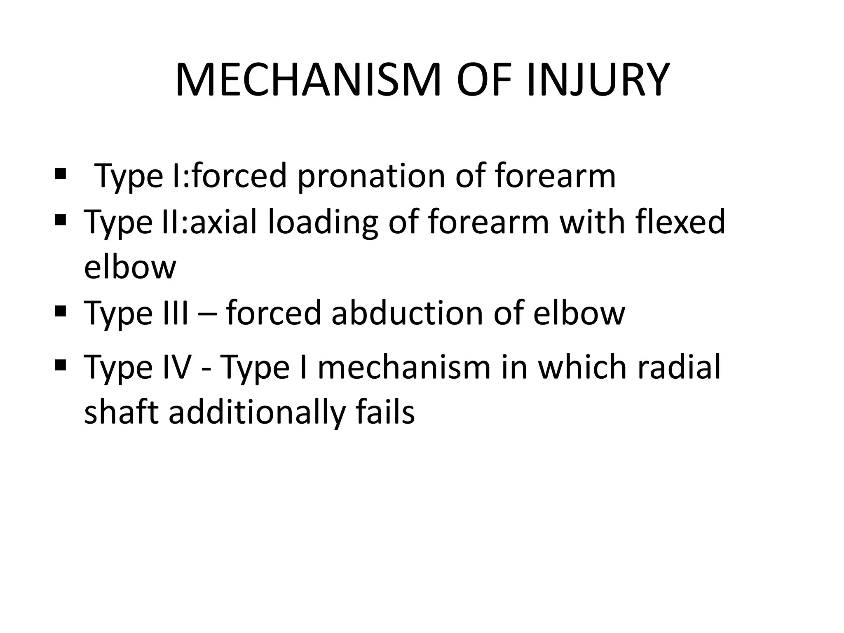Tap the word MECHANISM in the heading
pos(308,80)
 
